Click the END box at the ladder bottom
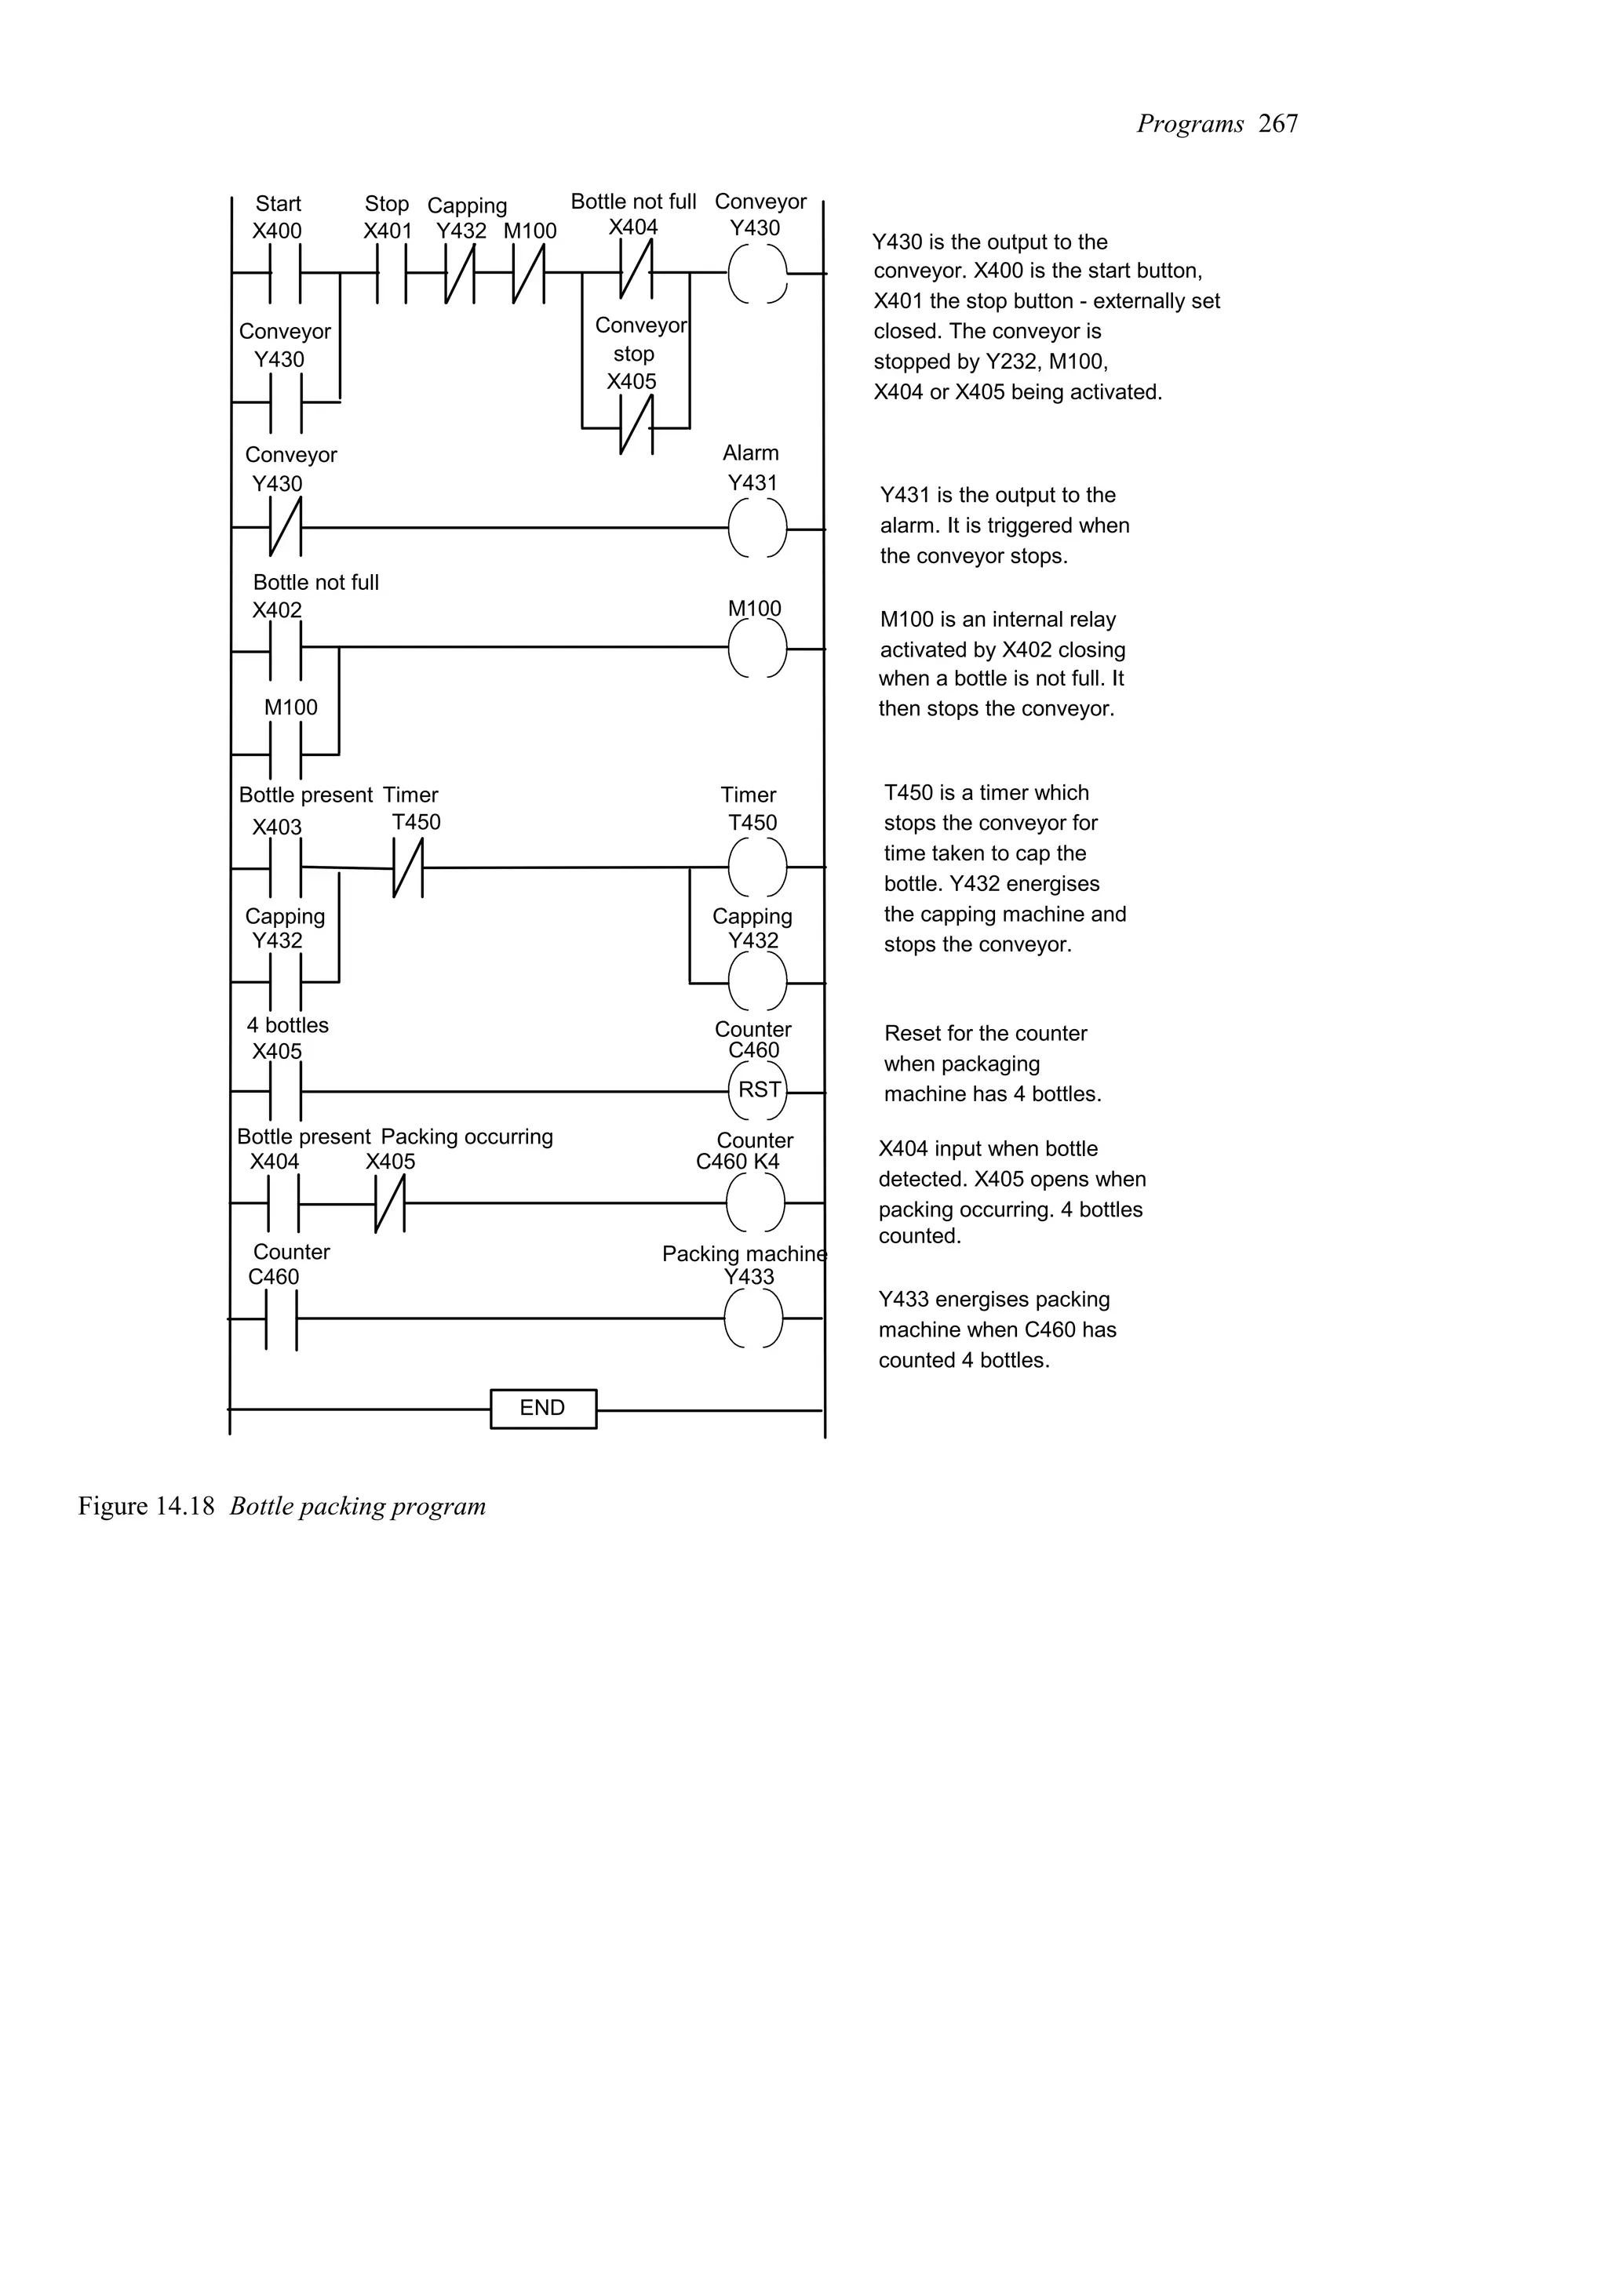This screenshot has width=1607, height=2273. [542, 1408]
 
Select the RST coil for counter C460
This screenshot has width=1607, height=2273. [757, 1090]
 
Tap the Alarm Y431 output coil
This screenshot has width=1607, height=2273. [757, 529]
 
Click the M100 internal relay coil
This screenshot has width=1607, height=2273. [757, 649]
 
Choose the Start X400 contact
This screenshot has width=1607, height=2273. [285, 272]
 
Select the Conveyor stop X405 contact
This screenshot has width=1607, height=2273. [636, 427]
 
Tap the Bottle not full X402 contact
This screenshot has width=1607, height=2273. [285, 649]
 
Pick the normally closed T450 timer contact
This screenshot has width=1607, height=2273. [408, 868]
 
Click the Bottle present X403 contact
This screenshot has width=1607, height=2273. [285, 868]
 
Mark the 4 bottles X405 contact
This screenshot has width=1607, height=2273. [285, 1091]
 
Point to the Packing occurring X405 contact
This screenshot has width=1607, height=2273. [390, 1203]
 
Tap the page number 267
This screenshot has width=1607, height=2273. [1278, 124]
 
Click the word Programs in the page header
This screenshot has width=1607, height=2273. [1189, 124]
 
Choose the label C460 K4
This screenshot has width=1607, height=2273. [738, 1162]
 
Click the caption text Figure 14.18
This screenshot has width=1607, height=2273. [147, 1506]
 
